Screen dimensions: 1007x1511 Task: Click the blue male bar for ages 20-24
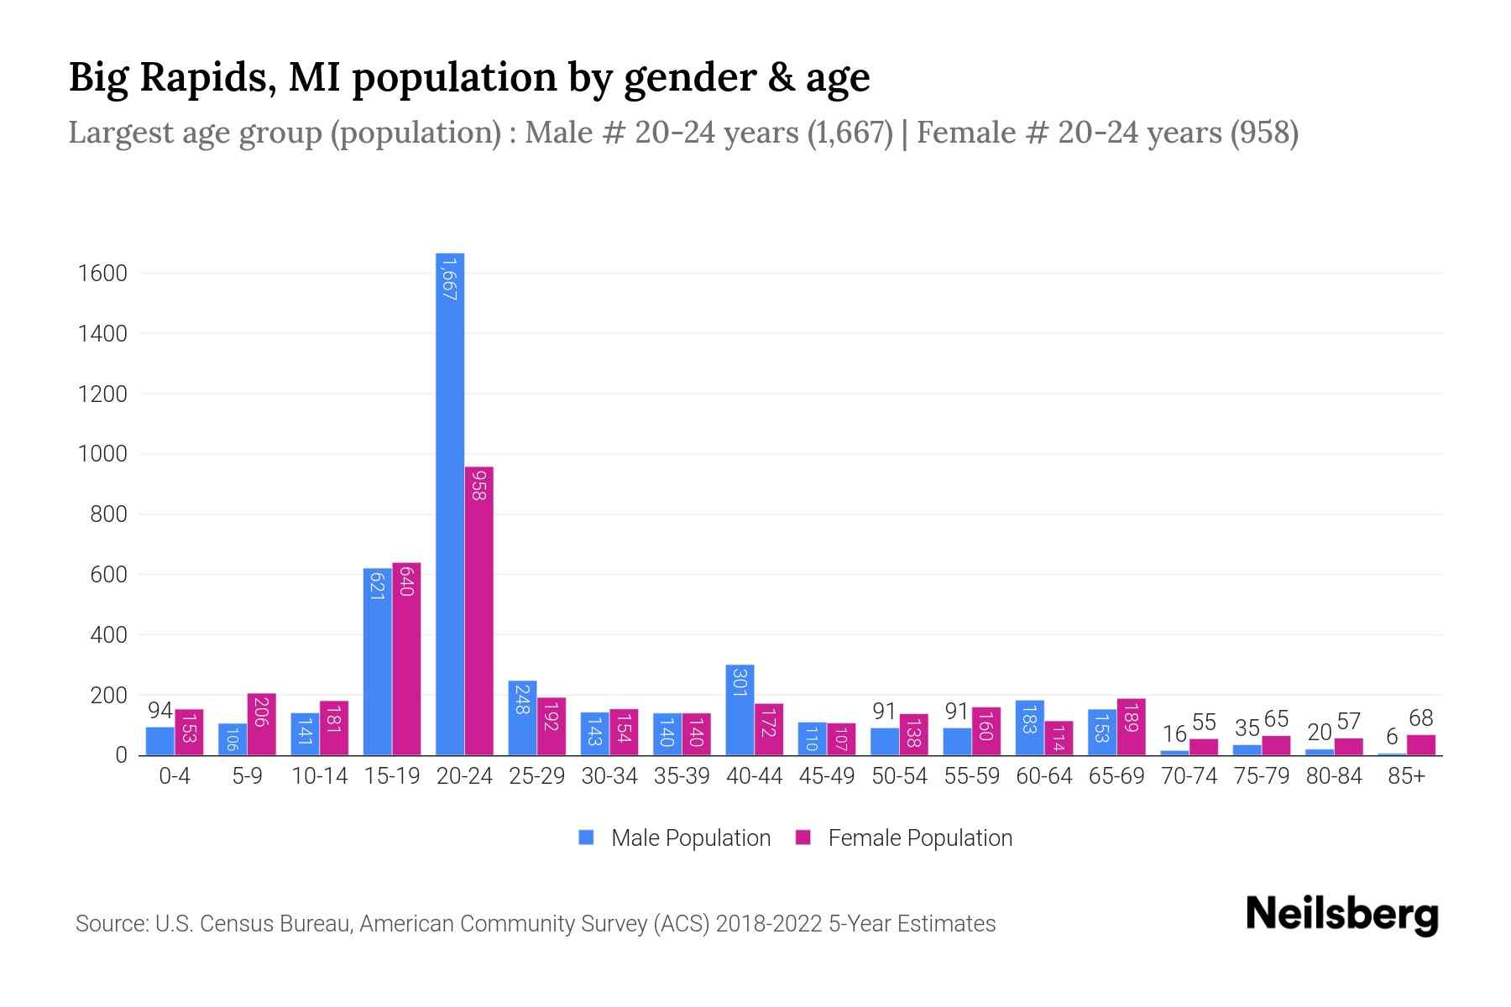[x=450, y=503]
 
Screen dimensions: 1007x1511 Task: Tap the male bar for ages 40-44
[x=740, y=710]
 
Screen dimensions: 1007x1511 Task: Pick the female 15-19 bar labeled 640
[x=406, y=659]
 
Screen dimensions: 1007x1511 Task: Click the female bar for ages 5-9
[x=261, y=724]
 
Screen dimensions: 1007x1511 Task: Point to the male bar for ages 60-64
[x=1029, y=728]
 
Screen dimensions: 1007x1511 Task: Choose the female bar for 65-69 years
[x=1131, y=727]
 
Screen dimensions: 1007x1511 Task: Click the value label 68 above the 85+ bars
[x=1420, y=718]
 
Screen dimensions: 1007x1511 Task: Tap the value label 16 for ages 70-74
[x=1174, y=734]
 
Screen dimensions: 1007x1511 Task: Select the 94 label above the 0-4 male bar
[x=159, y=711]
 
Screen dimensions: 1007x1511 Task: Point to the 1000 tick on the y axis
[x=102, y=455]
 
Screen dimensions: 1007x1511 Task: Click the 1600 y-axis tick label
[x=102, y=274]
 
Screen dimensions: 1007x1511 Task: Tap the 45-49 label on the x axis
[x=826, y=776]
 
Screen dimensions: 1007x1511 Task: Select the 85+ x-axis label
[x=1406, y=776]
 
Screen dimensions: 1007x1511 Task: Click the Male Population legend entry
[x=676, y=838]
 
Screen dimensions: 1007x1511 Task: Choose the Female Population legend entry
[x=905, y=838]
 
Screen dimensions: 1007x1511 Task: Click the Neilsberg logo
[x=1341, y=915]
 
